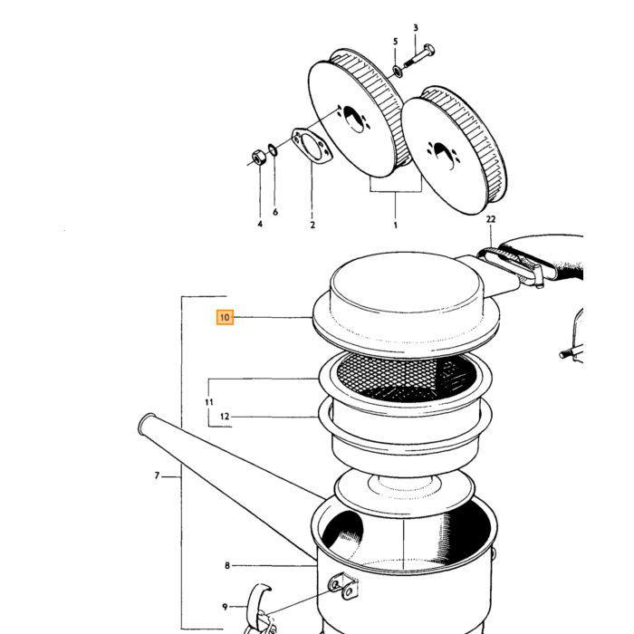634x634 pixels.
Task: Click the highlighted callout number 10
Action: tap(225, 317)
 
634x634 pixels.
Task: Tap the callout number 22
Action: tap(491, 219)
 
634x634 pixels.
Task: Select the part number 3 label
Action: tap(416, 28)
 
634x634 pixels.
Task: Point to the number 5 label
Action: tap(395, 42)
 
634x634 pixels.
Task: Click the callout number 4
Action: tap(260, 224)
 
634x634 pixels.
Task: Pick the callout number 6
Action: tap(275, 212)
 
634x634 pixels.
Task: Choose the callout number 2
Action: tap(312, 225)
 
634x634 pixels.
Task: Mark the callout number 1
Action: tap(396, 226)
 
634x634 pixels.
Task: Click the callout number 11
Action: tap(209, 402)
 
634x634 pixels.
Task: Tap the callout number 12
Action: tap(225, 417)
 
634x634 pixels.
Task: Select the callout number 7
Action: tap(157, 475)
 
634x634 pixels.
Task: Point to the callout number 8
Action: tap(227, 566)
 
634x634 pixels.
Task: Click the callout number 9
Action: tap(225, 607)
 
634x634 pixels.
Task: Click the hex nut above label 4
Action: tap(258, 157)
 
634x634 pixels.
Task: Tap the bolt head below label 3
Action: tap(429, 50)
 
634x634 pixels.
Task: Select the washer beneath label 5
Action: tap(398, 72)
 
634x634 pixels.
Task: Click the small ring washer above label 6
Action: tap(273, 149)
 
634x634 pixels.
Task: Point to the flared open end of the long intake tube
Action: tap(147, 423)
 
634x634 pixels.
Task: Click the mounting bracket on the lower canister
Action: tap(343, 586)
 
